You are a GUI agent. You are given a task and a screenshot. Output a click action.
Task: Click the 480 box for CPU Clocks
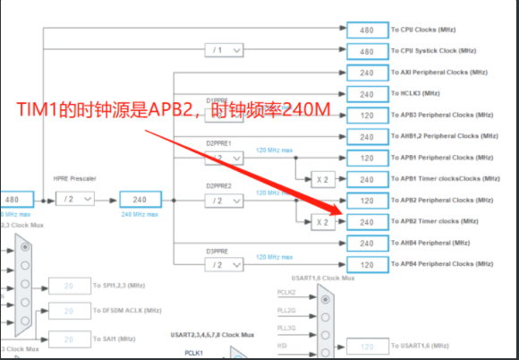pyautogui.click(x=366, y=30)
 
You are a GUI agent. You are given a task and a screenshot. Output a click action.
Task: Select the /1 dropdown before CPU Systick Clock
pyautogui.click(x=225, y=51)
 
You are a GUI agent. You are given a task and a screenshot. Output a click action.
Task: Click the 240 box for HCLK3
pyautogui.click(x=366, y=94)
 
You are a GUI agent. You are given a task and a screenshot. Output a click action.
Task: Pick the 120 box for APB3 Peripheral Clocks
pyautogui.click(x=366, y=116)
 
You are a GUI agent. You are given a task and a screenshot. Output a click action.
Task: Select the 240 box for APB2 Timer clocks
pyautogui.click(x=366, y=221)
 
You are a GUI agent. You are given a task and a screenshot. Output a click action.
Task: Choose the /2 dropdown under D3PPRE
pyautogui.click(x=225, y=264)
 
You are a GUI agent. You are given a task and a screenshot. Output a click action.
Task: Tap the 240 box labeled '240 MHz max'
pyautogui.click(x=140, y=200)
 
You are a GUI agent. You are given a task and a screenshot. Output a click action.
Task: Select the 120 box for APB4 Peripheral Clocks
pyautogui.click(x=366, y=264)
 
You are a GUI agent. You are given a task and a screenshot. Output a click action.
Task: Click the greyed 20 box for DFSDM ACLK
pyautogui.click(x=67, y=310)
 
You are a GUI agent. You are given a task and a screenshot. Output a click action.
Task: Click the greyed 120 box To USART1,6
pyautogui.click(x=366, y=346)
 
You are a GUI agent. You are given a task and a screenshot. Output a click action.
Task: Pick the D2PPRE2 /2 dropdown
pyautogui.click(x=225, y=200)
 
